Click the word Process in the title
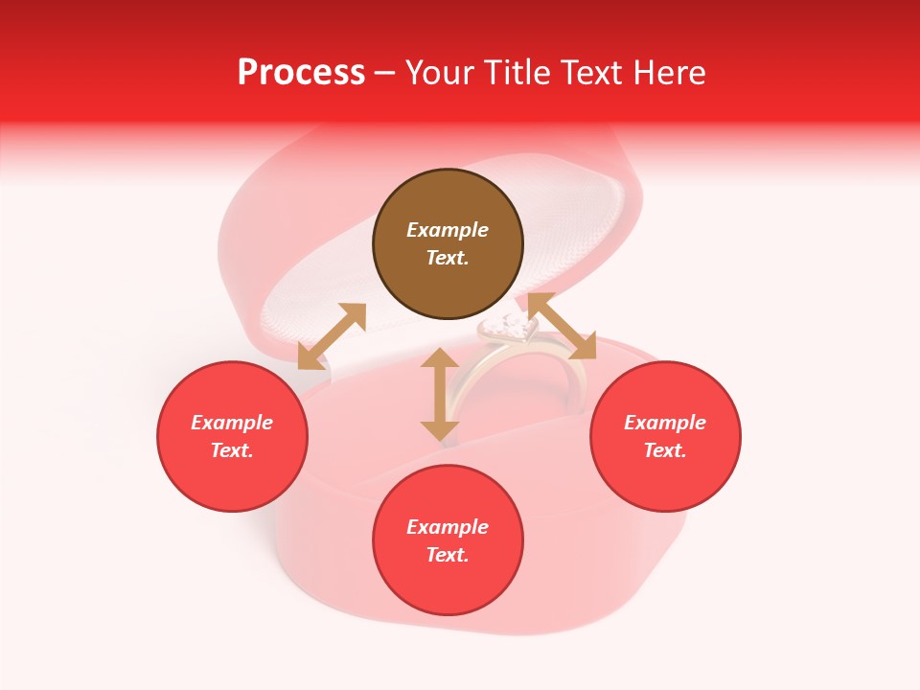click(x=301, y=73)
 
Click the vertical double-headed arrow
click(x=440, y=394)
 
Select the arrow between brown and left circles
click(x=332, y=336)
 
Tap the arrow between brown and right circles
click(x=561, y=327)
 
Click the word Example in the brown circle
click(x=448, y=230)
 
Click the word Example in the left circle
click(x=232, y=423)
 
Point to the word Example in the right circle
click(x=665, y=423)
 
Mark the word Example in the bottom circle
click(x=448, y=527)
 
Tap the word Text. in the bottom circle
click(x=448, y=555)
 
